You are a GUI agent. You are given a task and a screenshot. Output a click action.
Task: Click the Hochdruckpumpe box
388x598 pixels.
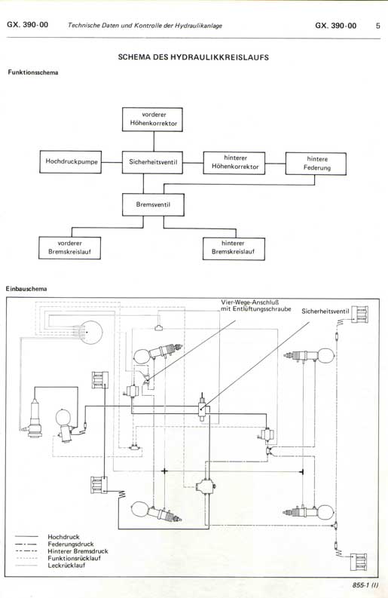pyautogui.click(x=71, y=161)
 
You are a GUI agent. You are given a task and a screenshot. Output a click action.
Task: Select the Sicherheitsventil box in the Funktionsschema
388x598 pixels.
pyautogui.click(x=152, y=162)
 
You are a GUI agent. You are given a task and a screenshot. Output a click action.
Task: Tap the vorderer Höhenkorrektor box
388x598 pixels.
pyautogui.click(x=152, y=119)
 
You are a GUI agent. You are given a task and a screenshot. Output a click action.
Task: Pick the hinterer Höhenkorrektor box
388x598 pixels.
pyautogui.click(x=234, y=163)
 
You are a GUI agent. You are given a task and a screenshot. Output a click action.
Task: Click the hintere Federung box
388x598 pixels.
pyautogui.click(x=316, y=164)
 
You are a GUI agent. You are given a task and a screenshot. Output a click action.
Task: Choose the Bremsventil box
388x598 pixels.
pyautogui.click(x=153, y=205)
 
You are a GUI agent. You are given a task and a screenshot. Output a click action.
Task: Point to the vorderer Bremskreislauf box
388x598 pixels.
pyautogui.click(x=70, y=248)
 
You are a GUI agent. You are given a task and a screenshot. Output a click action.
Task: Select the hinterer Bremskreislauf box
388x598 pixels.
pyautogui.click(x=234, y=249)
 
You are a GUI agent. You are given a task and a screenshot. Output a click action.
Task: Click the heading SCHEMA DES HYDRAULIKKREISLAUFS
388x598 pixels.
pyautogui.click(x=193, y=57)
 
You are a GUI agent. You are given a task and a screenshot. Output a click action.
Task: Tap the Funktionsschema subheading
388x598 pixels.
pyautogui.click(x=33, y=72)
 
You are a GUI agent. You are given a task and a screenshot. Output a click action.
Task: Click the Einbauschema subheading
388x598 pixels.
pyautogui.click(x=26, y=289)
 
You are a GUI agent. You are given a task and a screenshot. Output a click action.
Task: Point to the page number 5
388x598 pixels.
pyautogui.click(x=377, y=26)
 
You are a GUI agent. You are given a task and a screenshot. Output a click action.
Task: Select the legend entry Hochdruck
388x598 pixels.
pyautogui.click(x=63, y=537)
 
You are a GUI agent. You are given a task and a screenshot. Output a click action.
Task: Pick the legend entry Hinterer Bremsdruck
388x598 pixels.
pyautogui.click(x=78, y=551)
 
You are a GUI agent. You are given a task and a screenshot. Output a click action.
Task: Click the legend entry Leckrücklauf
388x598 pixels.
pyautogui.click(x=66, y=566)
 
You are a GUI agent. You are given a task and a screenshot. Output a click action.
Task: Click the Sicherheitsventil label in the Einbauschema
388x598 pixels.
pyautogui.click(x=325, y=311)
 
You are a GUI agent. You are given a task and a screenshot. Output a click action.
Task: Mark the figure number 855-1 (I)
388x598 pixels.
pyautogui.click(x=365, y=584)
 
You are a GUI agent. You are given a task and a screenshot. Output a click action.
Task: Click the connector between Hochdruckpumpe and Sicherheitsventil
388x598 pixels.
pyautogui.click(x=112, y=162)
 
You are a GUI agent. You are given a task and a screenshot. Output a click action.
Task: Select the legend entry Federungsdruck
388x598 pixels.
pyautogui.click(x=71, y=544)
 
